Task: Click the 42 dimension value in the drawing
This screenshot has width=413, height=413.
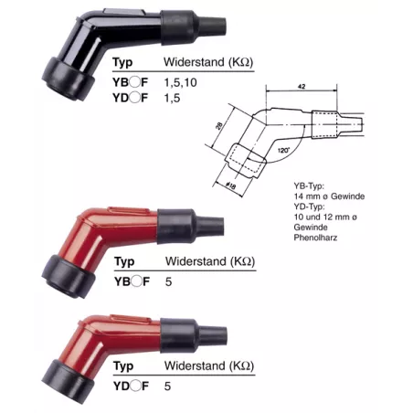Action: (302, 87)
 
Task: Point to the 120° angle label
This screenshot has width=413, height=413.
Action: (283, 150)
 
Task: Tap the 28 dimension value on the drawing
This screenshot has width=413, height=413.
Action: (219, 125)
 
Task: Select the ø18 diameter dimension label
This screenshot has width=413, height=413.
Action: (230, 185)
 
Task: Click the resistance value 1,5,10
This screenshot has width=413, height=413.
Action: (180, 82)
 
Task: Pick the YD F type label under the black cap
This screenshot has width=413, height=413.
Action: (130, 98)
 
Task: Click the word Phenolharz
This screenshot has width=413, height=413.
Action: (315, 238)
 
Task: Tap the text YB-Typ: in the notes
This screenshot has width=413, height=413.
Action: (309, 186)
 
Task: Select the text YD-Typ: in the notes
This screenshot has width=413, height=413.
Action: (309, 206)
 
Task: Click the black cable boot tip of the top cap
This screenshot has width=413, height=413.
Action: (212, 26)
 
